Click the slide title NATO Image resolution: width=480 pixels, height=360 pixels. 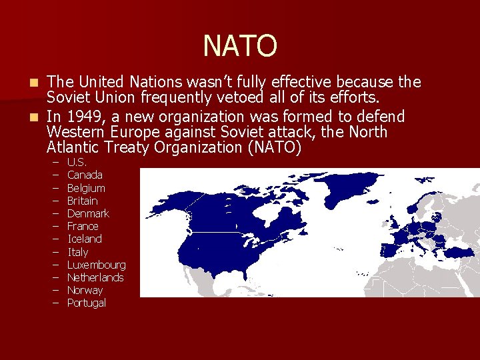(x=239, y=46)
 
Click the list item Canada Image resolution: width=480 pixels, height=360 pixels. (x=85, y=175)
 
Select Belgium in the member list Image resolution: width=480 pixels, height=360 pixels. (x=86, y=188)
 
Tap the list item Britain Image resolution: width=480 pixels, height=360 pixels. (x=83, y=201)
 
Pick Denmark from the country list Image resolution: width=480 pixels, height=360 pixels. (x=88, y=213)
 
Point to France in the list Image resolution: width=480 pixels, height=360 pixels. (x=83, y=226)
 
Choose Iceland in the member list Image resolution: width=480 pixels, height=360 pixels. (x=85, y=239)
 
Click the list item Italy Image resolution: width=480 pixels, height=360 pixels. (x=78, y=252)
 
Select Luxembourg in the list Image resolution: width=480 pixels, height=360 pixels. (x=96, y=265)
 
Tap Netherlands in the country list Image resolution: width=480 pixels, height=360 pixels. (x=95, y=277)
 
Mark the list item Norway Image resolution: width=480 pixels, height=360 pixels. (x=85, y=290)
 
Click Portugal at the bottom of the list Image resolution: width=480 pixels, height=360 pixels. (x=87, y=303)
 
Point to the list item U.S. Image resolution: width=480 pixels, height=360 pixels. (x=77, y=162)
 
